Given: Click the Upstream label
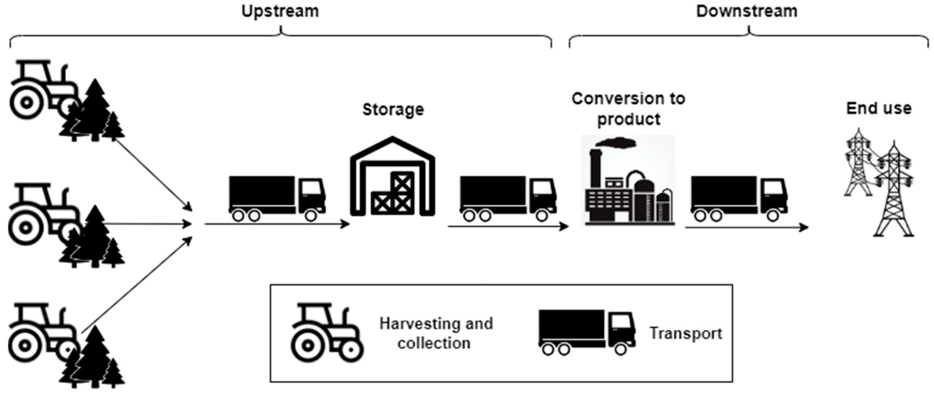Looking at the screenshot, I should click(280, 11).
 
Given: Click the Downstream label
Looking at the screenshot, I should click(747, 11).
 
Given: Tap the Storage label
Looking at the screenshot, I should click(393, 110).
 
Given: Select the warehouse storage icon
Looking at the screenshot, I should click(392, 178).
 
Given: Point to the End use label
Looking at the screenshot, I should click(879, 108).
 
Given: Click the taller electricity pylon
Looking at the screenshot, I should click(894, 192).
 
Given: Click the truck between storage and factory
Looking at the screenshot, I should click(508, 198).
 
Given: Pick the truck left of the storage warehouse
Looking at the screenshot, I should click(277, 198).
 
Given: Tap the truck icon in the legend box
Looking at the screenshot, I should click(586, 332).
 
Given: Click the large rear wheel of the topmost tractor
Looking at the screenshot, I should click(26, 103).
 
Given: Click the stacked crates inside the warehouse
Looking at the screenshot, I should click(393, 196).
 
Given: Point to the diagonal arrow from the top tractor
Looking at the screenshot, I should click(152, 174).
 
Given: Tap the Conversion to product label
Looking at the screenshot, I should click(628, 109).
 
